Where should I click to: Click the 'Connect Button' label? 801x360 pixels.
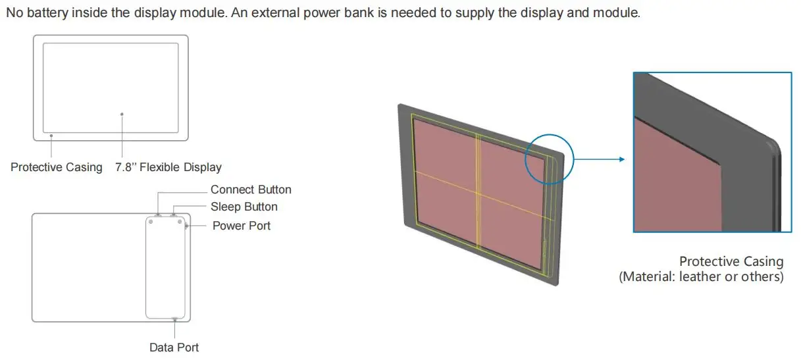tap(251, 190)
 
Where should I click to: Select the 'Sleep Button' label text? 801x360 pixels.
tap(244, 207)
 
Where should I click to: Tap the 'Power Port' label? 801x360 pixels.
tap(242, 226)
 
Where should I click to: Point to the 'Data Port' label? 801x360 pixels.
tap(174, 347)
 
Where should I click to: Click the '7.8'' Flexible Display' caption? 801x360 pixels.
tap(168, 167)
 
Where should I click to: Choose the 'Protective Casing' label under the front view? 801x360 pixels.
tap(57, 167)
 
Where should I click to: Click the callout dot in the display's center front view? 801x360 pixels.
tap(122, 114)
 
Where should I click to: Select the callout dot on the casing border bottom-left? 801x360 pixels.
tap(51, 136)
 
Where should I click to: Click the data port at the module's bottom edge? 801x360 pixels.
tap(174, 319)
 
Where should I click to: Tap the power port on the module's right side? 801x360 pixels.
tap(187, 226)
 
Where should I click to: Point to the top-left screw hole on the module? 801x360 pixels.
tap(152, 222)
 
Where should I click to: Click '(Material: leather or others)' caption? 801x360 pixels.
tap(701, 277)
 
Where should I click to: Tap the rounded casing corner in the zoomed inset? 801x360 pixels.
tap(771, 144)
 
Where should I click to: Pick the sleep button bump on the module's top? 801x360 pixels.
tap(174, 215)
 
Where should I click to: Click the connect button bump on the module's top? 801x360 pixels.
tap(159, 215)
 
